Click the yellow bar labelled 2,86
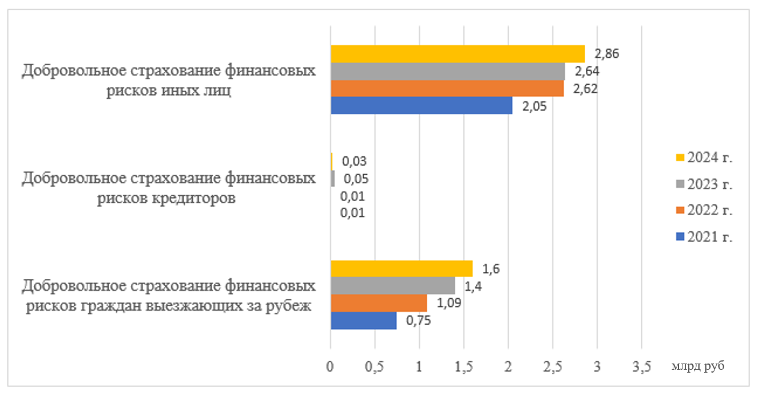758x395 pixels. pyautogui.click(x=458, y=54)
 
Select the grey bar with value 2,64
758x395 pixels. pyautogui.click(x=447, y=71)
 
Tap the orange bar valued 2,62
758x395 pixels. pyautogui.click(x=447, y=88)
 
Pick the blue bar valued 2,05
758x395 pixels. pyautogui.click(x=422, y=105)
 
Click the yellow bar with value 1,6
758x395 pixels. pyautogui.click(x=402, y=268)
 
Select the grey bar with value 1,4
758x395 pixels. pyautogui.click(x=392, y=286)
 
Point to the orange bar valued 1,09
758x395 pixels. pyautogui.click(x=379, y=303)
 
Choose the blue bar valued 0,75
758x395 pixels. pyautogui.click(x=364, y=320)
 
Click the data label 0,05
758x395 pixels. pyautogui.click(x=356, y=179)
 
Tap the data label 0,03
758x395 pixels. pyautogui.click(x=354, y=161)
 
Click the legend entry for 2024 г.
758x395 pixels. pyautogui.click(x=704, y=158)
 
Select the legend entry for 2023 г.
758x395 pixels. pyautogui.click(x=704, y=184)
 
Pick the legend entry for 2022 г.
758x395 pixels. pyautogui.click(x=704, y=211)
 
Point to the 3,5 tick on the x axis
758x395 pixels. pyautogui.click(x=641, y=368)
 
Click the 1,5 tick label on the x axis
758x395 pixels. pyautogui.click(x=463, y=368)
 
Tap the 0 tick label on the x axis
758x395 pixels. pyautogui.click(x=331, y=368)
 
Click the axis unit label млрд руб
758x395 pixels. pyautogui.click(x=698, y=366)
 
